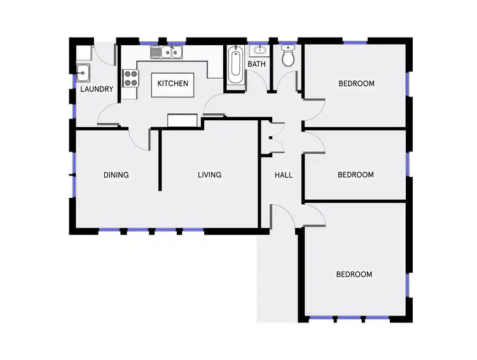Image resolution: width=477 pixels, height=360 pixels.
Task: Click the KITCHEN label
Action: coord(173,83)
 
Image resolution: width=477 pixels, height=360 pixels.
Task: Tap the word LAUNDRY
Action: coord(97,89)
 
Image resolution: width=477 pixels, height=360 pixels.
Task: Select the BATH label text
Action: coord(256,64)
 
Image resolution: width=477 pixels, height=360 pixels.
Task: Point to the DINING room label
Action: coord(116,175)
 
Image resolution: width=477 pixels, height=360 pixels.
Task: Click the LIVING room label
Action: coord(209,175)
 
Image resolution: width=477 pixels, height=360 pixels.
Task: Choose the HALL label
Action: coord(283,175)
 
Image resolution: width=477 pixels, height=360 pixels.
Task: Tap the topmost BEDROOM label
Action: coord(356,83)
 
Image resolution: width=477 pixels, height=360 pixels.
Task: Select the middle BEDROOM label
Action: coord(356,175)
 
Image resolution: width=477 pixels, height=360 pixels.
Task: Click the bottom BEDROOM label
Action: coord(354,274)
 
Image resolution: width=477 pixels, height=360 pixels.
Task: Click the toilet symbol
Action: coord(288,57)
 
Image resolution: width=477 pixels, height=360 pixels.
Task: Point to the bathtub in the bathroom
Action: coord(235,69)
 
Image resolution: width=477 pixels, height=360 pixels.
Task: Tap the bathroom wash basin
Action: coord(259,50)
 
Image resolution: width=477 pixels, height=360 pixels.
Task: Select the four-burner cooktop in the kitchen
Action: coord(130,79)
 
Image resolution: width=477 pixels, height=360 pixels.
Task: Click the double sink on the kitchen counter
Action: coord(167,52)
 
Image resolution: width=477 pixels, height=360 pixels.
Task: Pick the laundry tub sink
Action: coord(83,72)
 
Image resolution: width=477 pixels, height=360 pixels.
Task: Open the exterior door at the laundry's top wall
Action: coord(105,53)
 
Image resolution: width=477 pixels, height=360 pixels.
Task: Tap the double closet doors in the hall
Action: coord(275,137)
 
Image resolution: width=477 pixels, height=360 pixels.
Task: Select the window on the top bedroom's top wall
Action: coord(356,42)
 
